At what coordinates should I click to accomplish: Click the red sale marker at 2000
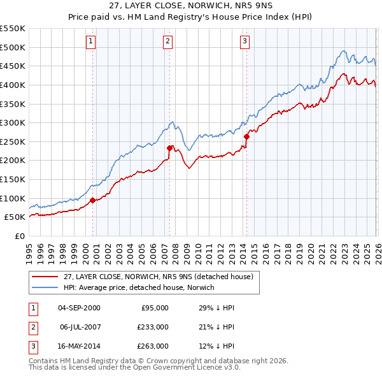pyautogui.click(x=93, y=200)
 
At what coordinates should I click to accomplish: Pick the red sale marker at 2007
pyautogui.click(x=170, y=148)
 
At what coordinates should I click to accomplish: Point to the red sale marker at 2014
pyautogui.click(x=246, y=136)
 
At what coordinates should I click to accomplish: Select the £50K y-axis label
pyautogui.click(x=15, y=217)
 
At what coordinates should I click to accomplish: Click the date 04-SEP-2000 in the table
pyautogui.click(x=79, y=308)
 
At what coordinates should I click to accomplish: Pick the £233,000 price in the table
pyautogui.click(x=153, y=327)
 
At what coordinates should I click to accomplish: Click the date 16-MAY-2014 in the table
pyautogui.click(x=79, y=346)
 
